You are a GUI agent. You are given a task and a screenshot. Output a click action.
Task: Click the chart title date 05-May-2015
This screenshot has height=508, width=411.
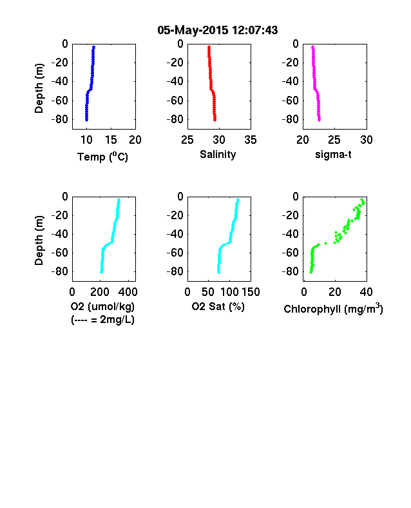pos(193,30)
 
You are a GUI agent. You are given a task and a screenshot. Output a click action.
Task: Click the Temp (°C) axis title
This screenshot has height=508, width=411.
pos(102,157)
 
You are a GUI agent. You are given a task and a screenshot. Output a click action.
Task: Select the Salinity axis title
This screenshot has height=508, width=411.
pos(218,155)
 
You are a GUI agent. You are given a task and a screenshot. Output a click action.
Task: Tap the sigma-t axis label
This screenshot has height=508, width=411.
pos(333,155)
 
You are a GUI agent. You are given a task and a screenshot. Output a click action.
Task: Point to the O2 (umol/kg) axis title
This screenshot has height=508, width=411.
pos(102,306)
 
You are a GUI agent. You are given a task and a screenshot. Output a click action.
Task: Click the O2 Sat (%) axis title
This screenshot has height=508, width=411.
pos(218,306)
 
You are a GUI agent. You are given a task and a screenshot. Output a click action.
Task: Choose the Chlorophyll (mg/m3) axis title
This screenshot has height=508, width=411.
pos(333,309)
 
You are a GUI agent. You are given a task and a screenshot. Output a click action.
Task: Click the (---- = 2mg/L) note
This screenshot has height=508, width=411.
pos(102,320)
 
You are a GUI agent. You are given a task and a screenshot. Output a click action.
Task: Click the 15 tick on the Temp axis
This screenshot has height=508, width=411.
pos(111,140)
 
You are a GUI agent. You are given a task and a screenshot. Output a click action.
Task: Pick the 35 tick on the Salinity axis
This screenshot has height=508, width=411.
pos(251,140)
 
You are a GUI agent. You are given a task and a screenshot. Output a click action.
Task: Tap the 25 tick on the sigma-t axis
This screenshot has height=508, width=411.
pos(334,140)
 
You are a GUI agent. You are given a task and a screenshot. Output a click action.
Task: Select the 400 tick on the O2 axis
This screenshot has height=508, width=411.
pos(128,292)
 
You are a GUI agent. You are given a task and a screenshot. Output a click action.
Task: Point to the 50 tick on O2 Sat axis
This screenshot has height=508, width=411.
pos(208,292)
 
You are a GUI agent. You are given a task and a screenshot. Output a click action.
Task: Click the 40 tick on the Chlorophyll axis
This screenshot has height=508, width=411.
pos(366,292)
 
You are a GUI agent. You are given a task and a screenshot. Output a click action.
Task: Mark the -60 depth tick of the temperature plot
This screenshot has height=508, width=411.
pos(59,101)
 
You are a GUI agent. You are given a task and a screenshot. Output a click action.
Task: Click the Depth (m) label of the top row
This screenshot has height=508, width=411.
pos(39,88)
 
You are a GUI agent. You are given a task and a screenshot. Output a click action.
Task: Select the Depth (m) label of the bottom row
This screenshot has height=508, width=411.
pos(39,240)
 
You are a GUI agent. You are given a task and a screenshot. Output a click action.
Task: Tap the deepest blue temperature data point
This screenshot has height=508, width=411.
pos(86,120)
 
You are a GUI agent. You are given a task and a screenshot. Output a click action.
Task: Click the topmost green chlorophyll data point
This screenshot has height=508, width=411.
pos(362,200)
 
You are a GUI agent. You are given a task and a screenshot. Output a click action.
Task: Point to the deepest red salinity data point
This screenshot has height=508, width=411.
pos(215,120)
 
